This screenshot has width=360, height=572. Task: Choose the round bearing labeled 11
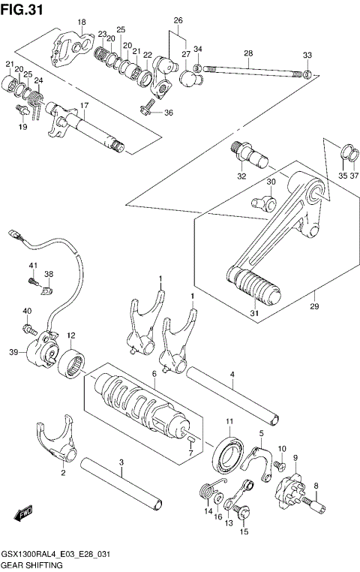pos(229,454)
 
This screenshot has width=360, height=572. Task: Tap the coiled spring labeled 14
pos(206,493)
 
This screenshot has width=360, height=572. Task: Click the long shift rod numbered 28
pos(251,72)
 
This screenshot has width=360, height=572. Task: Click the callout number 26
pos(178,20)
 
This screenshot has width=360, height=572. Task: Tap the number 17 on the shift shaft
pos(85,105)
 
